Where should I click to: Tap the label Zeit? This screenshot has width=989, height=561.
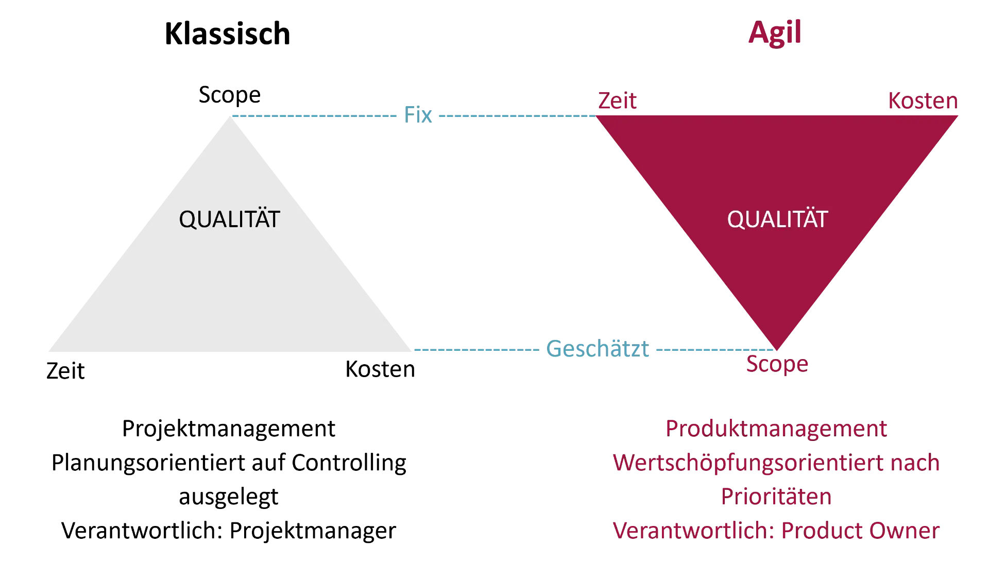tap(617, 101)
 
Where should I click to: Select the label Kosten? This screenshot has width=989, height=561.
tap(922, 101)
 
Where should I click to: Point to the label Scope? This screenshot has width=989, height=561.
tap(777, 365)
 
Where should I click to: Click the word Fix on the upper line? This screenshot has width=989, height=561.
tap(417, 114)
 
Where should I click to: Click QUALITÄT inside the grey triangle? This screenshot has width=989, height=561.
tap(229, 219)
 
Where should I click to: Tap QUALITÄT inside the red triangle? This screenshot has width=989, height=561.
tap(777, 219)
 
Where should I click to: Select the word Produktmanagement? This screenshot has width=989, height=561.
tap(776, 429)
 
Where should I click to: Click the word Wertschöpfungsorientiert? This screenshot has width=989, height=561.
tap(742, 463)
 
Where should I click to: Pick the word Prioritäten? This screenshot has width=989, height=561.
tap(776, 497)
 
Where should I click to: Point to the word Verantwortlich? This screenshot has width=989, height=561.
tap(693, 531)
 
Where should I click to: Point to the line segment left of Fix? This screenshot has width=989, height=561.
tap(314, 116)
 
